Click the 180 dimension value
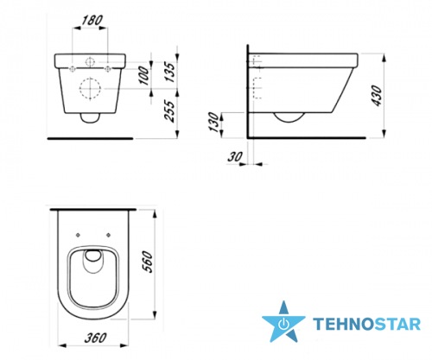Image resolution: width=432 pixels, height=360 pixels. point(92,21)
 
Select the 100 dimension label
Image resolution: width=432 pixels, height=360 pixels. point(144,76)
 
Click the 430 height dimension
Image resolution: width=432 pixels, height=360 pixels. point(377,96)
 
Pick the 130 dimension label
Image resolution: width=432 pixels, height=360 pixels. point(214,123)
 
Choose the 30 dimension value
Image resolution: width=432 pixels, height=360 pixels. point(235,157)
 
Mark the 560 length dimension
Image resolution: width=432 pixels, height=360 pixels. point(147,262)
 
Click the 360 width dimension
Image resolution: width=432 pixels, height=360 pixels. point(95,338)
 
